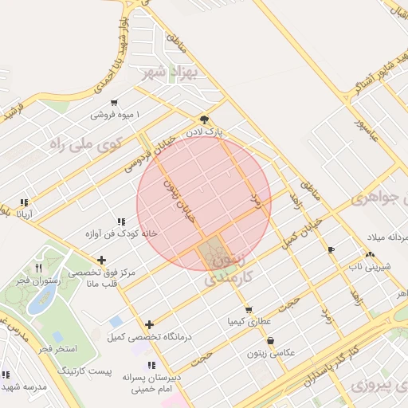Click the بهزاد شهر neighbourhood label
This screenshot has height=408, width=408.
(167, 73)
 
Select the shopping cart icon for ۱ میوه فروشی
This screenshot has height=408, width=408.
(115, 102)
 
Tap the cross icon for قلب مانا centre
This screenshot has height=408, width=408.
(101, 260)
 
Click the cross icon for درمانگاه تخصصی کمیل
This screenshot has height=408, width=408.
(149, 324)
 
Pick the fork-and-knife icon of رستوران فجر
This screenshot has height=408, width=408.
(38, 268)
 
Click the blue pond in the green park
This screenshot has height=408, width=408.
(41, 300)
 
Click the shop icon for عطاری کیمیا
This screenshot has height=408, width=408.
(249, 310)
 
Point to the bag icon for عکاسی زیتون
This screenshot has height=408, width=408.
(271, 340)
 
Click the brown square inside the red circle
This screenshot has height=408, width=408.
(211, 254)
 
